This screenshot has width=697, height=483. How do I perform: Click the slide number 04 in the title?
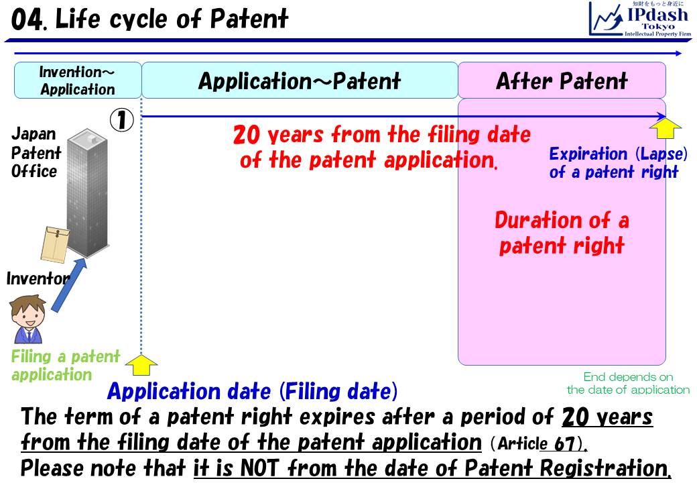[27, 20]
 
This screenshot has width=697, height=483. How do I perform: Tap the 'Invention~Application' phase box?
[78, 80]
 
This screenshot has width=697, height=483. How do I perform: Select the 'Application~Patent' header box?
[300, 81]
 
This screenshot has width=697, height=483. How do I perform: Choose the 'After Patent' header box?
[562, 81]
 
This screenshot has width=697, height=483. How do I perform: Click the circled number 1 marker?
[122, 121]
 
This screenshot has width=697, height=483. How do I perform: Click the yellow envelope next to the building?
[55, 244]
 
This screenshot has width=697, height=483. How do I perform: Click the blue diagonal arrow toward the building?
[70, 284]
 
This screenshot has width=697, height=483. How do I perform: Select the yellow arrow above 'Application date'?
[141, 364]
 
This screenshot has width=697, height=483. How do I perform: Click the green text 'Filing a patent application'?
[65, 366]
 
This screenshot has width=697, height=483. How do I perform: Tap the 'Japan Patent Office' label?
[35, 153]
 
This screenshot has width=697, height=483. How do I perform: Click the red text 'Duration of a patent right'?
[562, 233]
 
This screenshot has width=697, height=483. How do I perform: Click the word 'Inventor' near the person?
[38, 278]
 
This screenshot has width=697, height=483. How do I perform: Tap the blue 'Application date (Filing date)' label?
[252, 391]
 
